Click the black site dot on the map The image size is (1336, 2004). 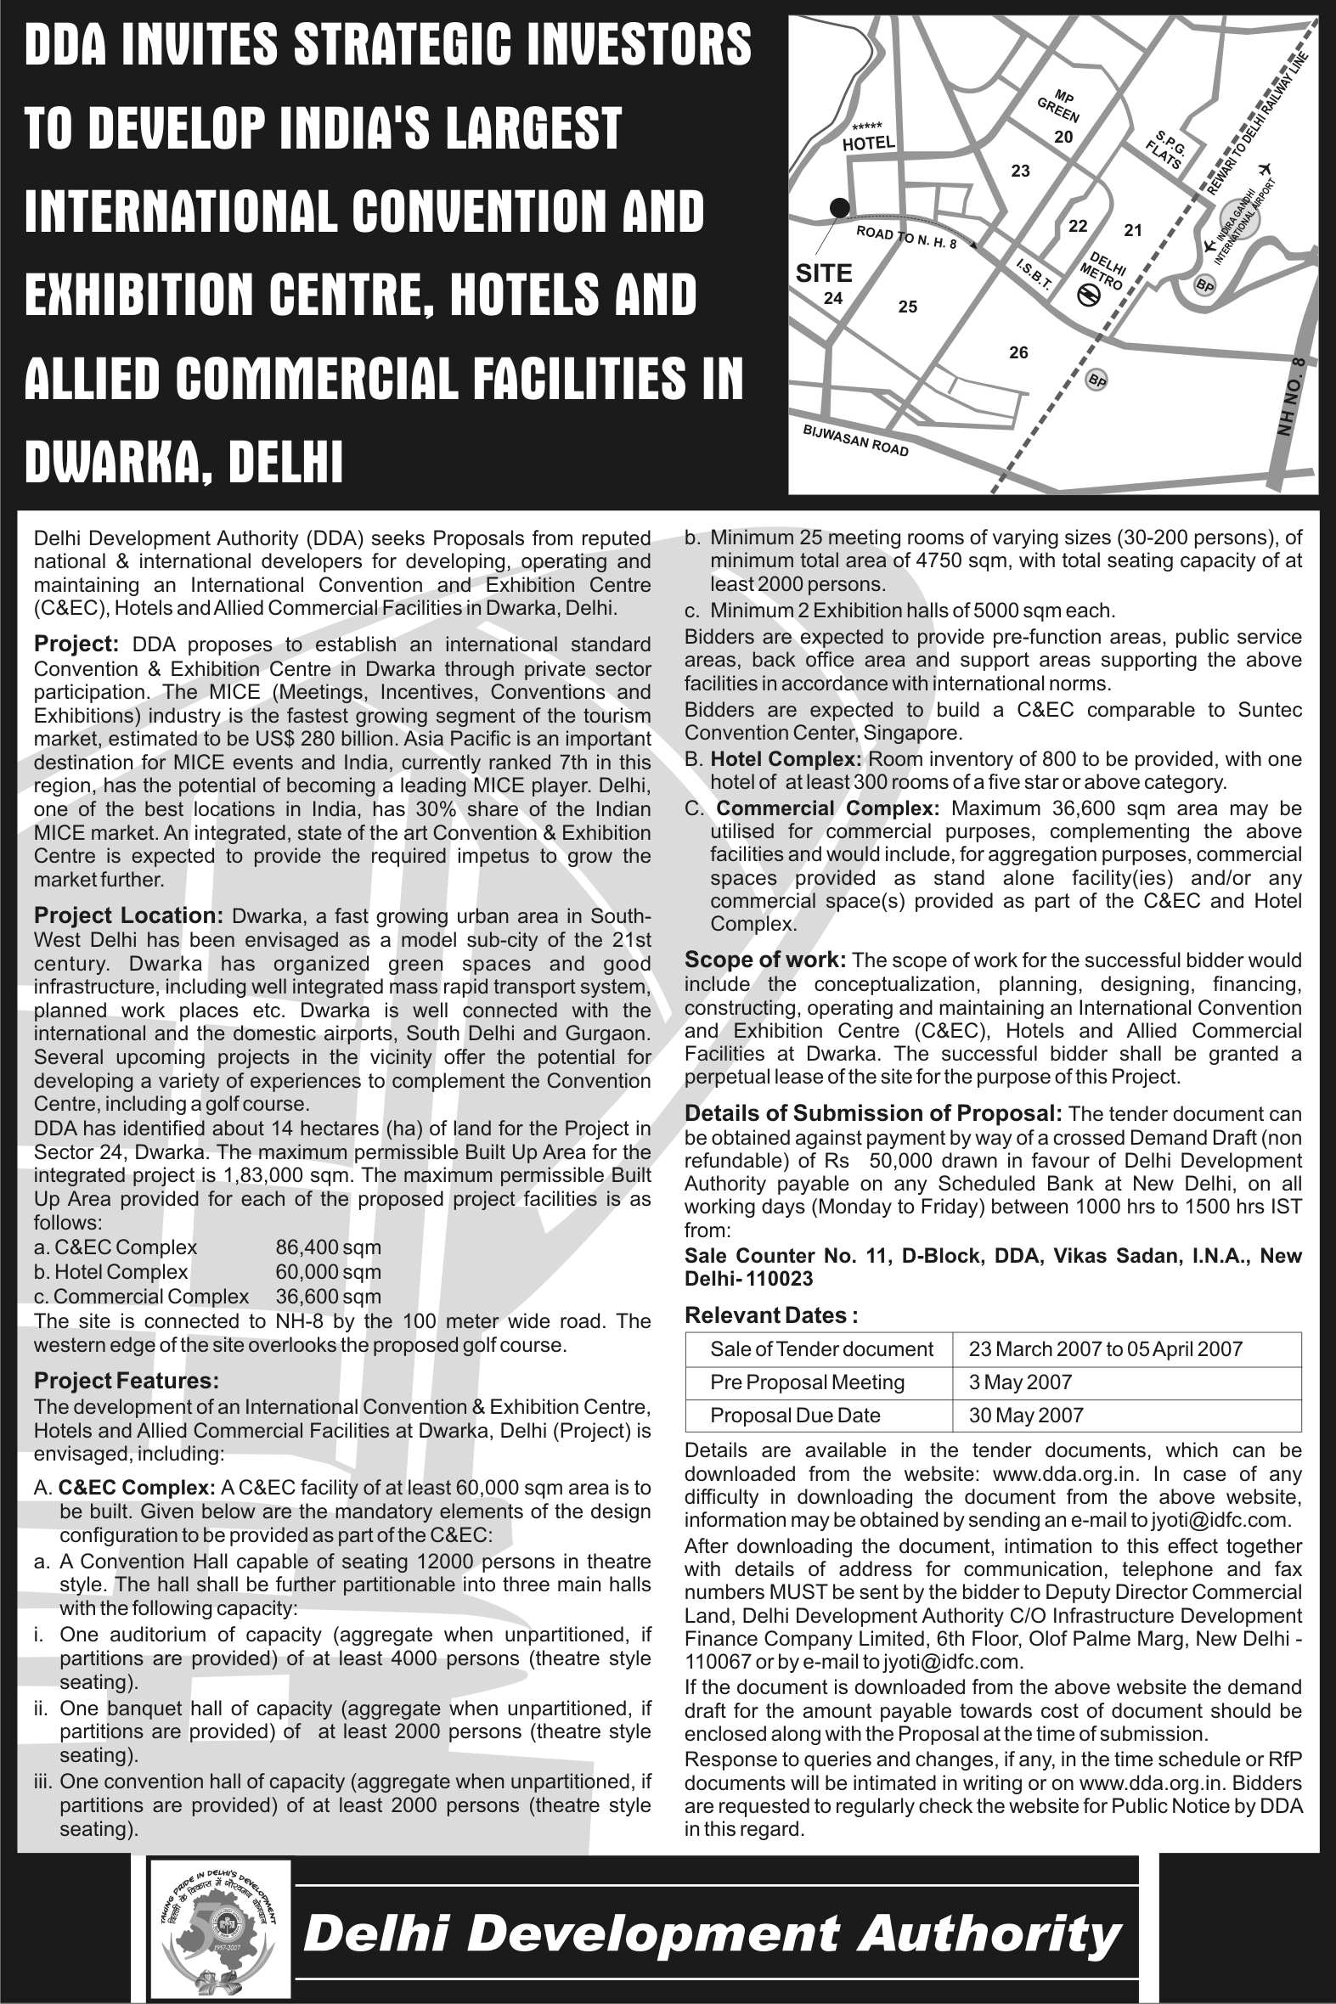point(839,206)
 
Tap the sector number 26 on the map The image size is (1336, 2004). point(1018,352)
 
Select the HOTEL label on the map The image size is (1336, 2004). point(868,143)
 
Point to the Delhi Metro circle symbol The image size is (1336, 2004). point(1088,295)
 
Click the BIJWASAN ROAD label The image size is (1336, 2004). point(855,440)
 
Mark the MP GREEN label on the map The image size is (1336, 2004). point(1060,106)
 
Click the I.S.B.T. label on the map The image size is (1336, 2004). point(1034,274)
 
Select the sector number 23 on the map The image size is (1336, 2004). point(1020,172)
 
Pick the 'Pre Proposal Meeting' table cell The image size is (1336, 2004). point(807,1382)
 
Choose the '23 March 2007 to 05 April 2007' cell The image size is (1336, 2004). point(1105,1349)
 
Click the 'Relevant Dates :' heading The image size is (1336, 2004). point(770,1316)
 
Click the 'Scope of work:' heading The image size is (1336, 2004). point(765,960)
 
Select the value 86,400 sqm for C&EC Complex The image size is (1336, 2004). point(328,1247)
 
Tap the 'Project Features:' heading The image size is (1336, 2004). point(126,1381)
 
